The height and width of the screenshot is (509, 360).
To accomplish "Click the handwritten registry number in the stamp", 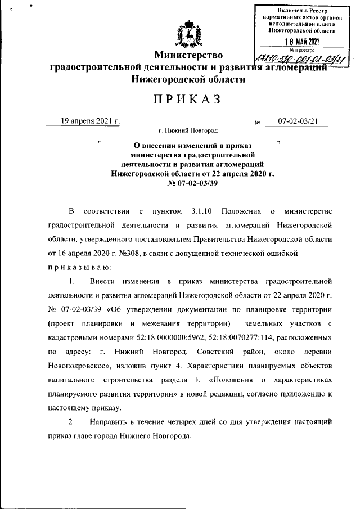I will coord(300,58).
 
